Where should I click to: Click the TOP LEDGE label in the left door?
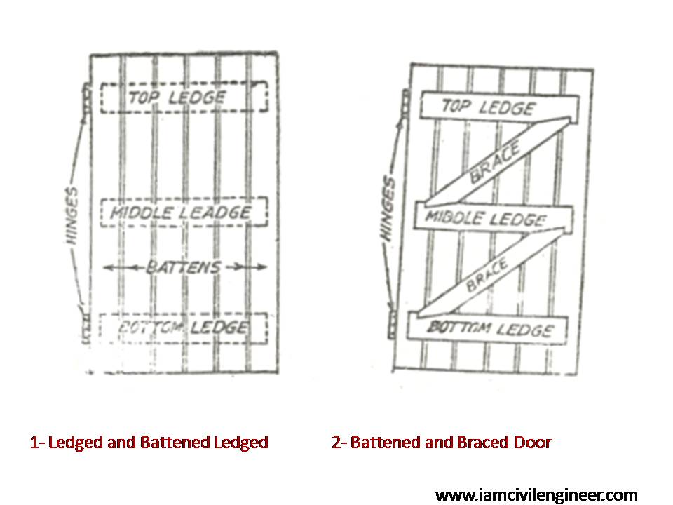[x=176, y=97]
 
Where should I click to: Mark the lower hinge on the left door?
[x=86, y=327]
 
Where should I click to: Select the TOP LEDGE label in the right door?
[x=487, y=107]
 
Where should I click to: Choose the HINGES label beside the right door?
[x=388, y=210]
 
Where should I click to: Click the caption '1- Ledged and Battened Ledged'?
[x=149, y=443]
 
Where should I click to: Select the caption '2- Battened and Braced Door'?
[x=441, y=443]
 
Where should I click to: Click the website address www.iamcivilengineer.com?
[x=536, y=495]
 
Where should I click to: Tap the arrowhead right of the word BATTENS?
[x=261, y=267]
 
